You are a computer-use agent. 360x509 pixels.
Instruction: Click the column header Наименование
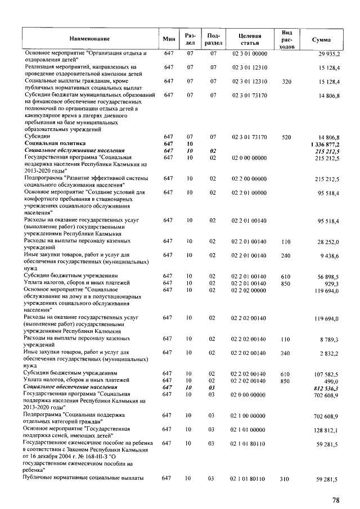[x=89, y=39]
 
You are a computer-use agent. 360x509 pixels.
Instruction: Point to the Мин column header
[x=169, y=39]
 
